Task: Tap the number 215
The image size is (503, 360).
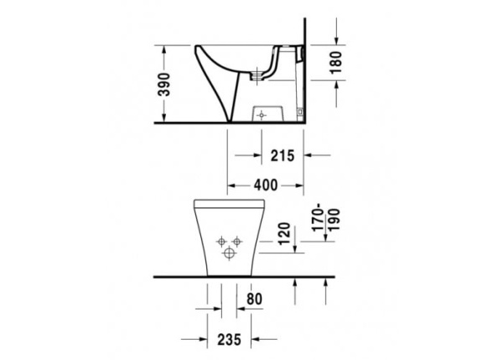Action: click(x=281, y=154)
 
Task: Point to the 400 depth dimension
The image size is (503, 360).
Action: click(x=267, y=183)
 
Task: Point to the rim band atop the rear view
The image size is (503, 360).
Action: click(x=226, y=204)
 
